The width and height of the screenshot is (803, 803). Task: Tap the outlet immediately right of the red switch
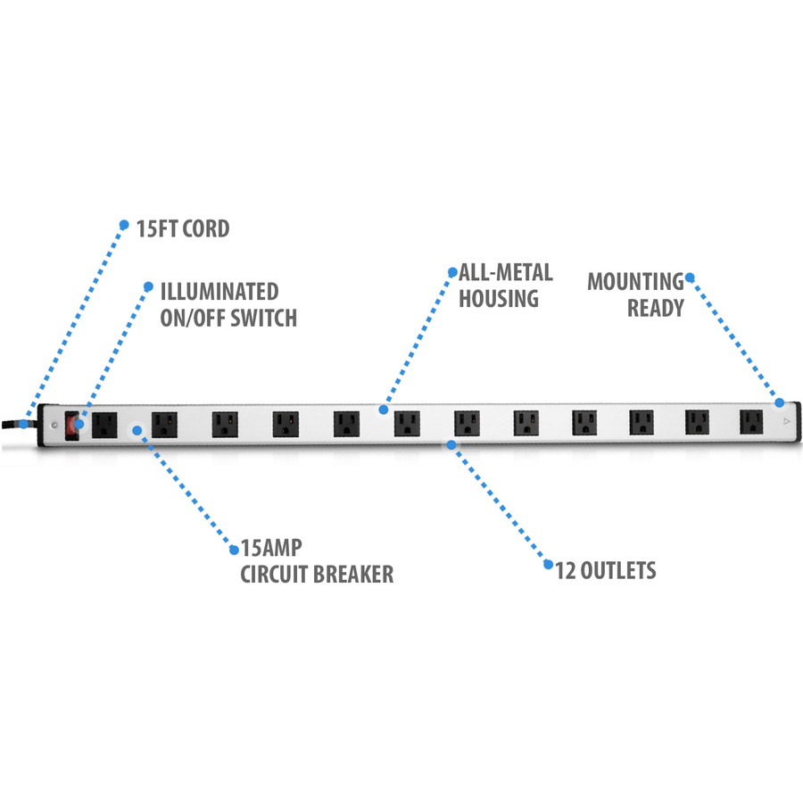point(105,423)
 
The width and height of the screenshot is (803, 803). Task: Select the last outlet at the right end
point(751,421)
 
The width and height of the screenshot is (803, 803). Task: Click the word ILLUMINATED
point(219,292)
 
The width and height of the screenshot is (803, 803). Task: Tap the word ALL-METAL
point(505,272)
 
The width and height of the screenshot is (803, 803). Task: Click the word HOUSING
point(499,298)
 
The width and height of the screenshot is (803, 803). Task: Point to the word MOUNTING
point(635,282)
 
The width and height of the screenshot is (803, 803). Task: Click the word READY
point(655,309)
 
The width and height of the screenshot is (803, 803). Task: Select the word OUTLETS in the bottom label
point(617,570)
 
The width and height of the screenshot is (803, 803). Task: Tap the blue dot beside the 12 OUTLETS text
point(547,564)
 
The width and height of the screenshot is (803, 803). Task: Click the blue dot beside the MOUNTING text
point(690,277)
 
